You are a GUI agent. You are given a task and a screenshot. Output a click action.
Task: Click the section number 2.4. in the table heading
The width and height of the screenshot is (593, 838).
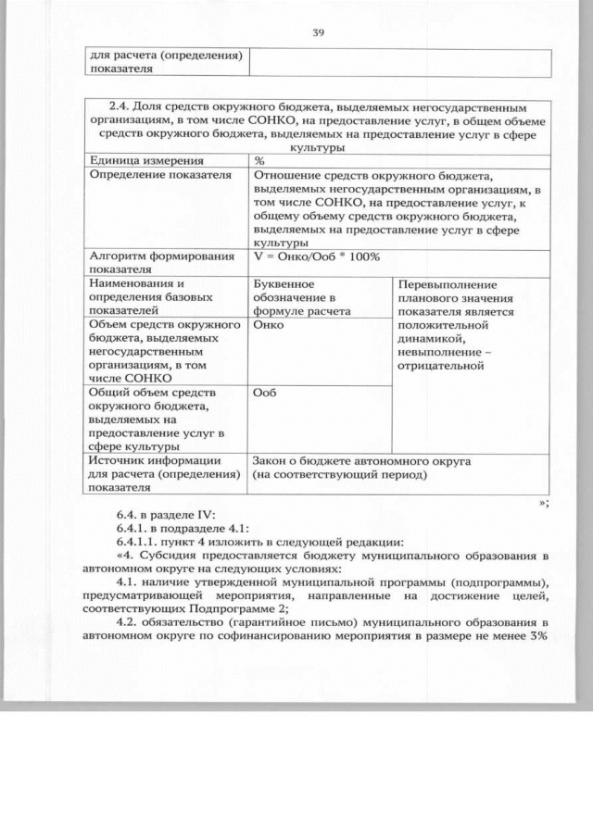(122, 106)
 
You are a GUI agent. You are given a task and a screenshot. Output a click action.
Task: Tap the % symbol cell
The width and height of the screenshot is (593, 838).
(260, 160)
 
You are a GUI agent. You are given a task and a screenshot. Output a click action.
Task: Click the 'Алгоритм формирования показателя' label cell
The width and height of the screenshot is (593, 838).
(160, 262)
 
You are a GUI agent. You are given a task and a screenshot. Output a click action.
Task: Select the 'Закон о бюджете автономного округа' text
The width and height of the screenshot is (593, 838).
(362, 460)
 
